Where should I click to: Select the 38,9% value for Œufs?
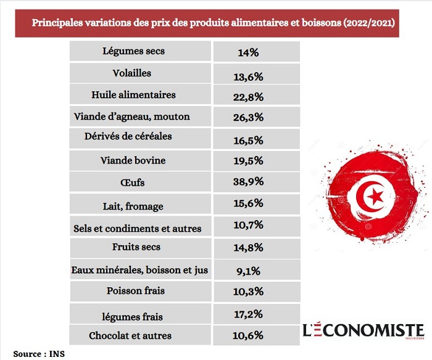click(x=251, y=182)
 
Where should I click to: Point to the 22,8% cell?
click(x=251, y=96)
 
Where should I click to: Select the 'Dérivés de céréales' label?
click(x=136, y=136)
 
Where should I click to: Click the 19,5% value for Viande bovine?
click(x=251, y=161)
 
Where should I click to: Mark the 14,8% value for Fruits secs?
click(x=251, y=248)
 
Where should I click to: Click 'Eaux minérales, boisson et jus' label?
click(x=140, y=269)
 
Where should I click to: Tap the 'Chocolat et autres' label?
click(x=138, y=336)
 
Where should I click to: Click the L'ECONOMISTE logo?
click(x=363, y=331)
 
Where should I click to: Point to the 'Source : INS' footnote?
click(x=39, y=354)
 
